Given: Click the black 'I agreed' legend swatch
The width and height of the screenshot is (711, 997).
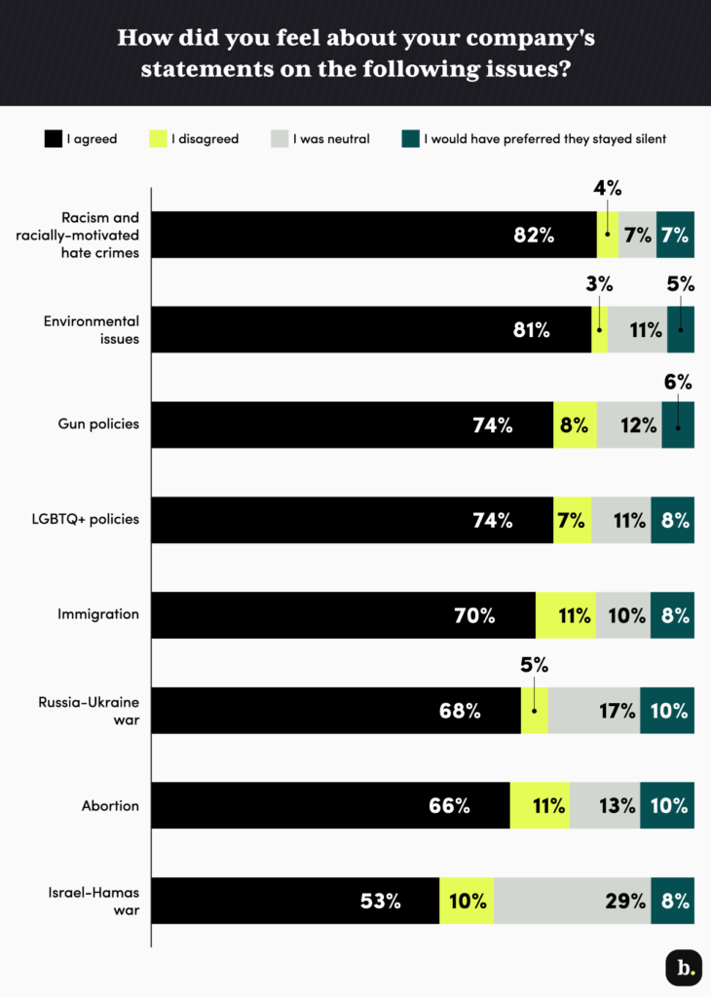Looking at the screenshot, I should [53, 139].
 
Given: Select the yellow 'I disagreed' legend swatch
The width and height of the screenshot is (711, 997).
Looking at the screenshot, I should [157, 139].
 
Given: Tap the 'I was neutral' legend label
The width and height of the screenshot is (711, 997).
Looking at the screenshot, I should [331, 139].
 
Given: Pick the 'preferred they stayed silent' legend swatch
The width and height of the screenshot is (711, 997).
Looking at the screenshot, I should [410, 139].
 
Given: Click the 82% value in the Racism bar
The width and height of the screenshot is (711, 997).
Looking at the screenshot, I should [535, 235].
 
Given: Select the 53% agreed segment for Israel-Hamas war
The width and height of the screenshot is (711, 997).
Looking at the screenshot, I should [380, 901].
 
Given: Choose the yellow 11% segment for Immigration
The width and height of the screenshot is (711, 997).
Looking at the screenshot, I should [575, 615].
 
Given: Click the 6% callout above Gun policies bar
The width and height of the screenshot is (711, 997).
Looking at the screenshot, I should [679, 383].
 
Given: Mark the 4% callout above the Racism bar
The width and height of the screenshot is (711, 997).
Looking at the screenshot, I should [608, 189].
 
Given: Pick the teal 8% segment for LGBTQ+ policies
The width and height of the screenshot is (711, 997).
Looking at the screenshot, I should [674, 521].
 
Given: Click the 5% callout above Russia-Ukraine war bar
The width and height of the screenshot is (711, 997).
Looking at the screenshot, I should [535, 666].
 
